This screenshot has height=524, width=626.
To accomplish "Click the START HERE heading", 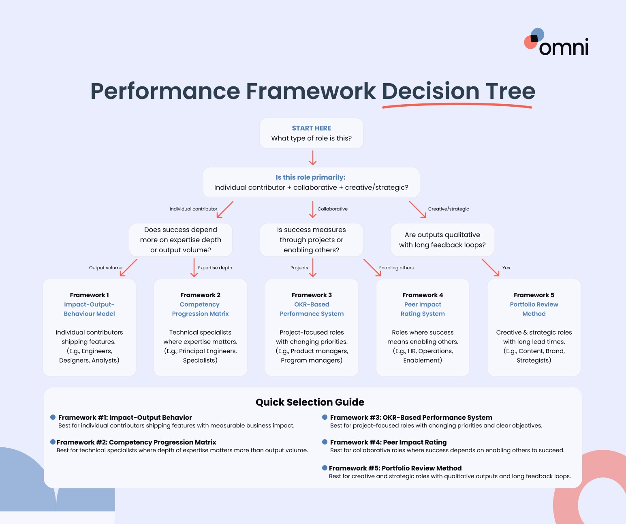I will [311, 128].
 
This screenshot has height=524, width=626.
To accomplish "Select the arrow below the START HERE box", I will [312, 158].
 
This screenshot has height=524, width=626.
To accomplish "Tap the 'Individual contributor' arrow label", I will [193, 209].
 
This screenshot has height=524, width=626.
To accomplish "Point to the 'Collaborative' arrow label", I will [332, 209].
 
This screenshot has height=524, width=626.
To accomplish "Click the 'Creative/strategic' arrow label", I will [448, 209].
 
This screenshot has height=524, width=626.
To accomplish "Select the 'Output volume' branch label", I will [105, 268].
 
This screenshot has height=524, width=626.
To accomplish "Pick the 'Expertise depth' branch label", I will [215, 268].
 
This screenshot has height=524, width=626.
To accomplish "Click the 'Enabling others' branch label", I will [396, 268].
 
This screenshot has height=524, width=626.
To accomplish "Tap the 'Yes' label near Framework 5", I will [506, 268].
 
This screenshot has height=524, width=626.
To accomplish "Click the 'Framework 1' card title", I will [89, 295].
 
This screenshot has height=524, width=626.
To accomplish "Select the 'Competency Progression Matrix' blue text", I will [200, 309].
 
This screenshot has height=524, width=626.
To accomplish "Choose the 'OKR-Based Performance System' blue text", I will [312, 309].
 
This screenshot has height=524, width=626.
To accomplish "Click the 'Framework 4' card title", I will [423, 295].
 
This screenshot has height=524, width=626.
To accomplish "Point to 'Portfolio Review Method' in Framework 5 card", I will [534, 309].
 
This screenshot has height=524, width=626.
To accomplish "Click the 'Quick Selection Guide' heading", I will [310, 402].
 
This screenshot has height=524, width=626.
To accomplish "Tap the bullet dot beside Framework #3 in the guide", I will [325, 417].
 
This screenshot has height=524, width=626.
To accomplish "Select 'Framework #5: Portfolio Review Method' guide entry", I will [395, 468].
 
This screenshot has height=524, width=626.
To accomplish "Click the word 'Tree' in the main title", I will [510, 91].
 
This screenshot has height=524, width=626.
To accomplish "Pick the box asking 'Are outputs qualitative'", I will [442, 240].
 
